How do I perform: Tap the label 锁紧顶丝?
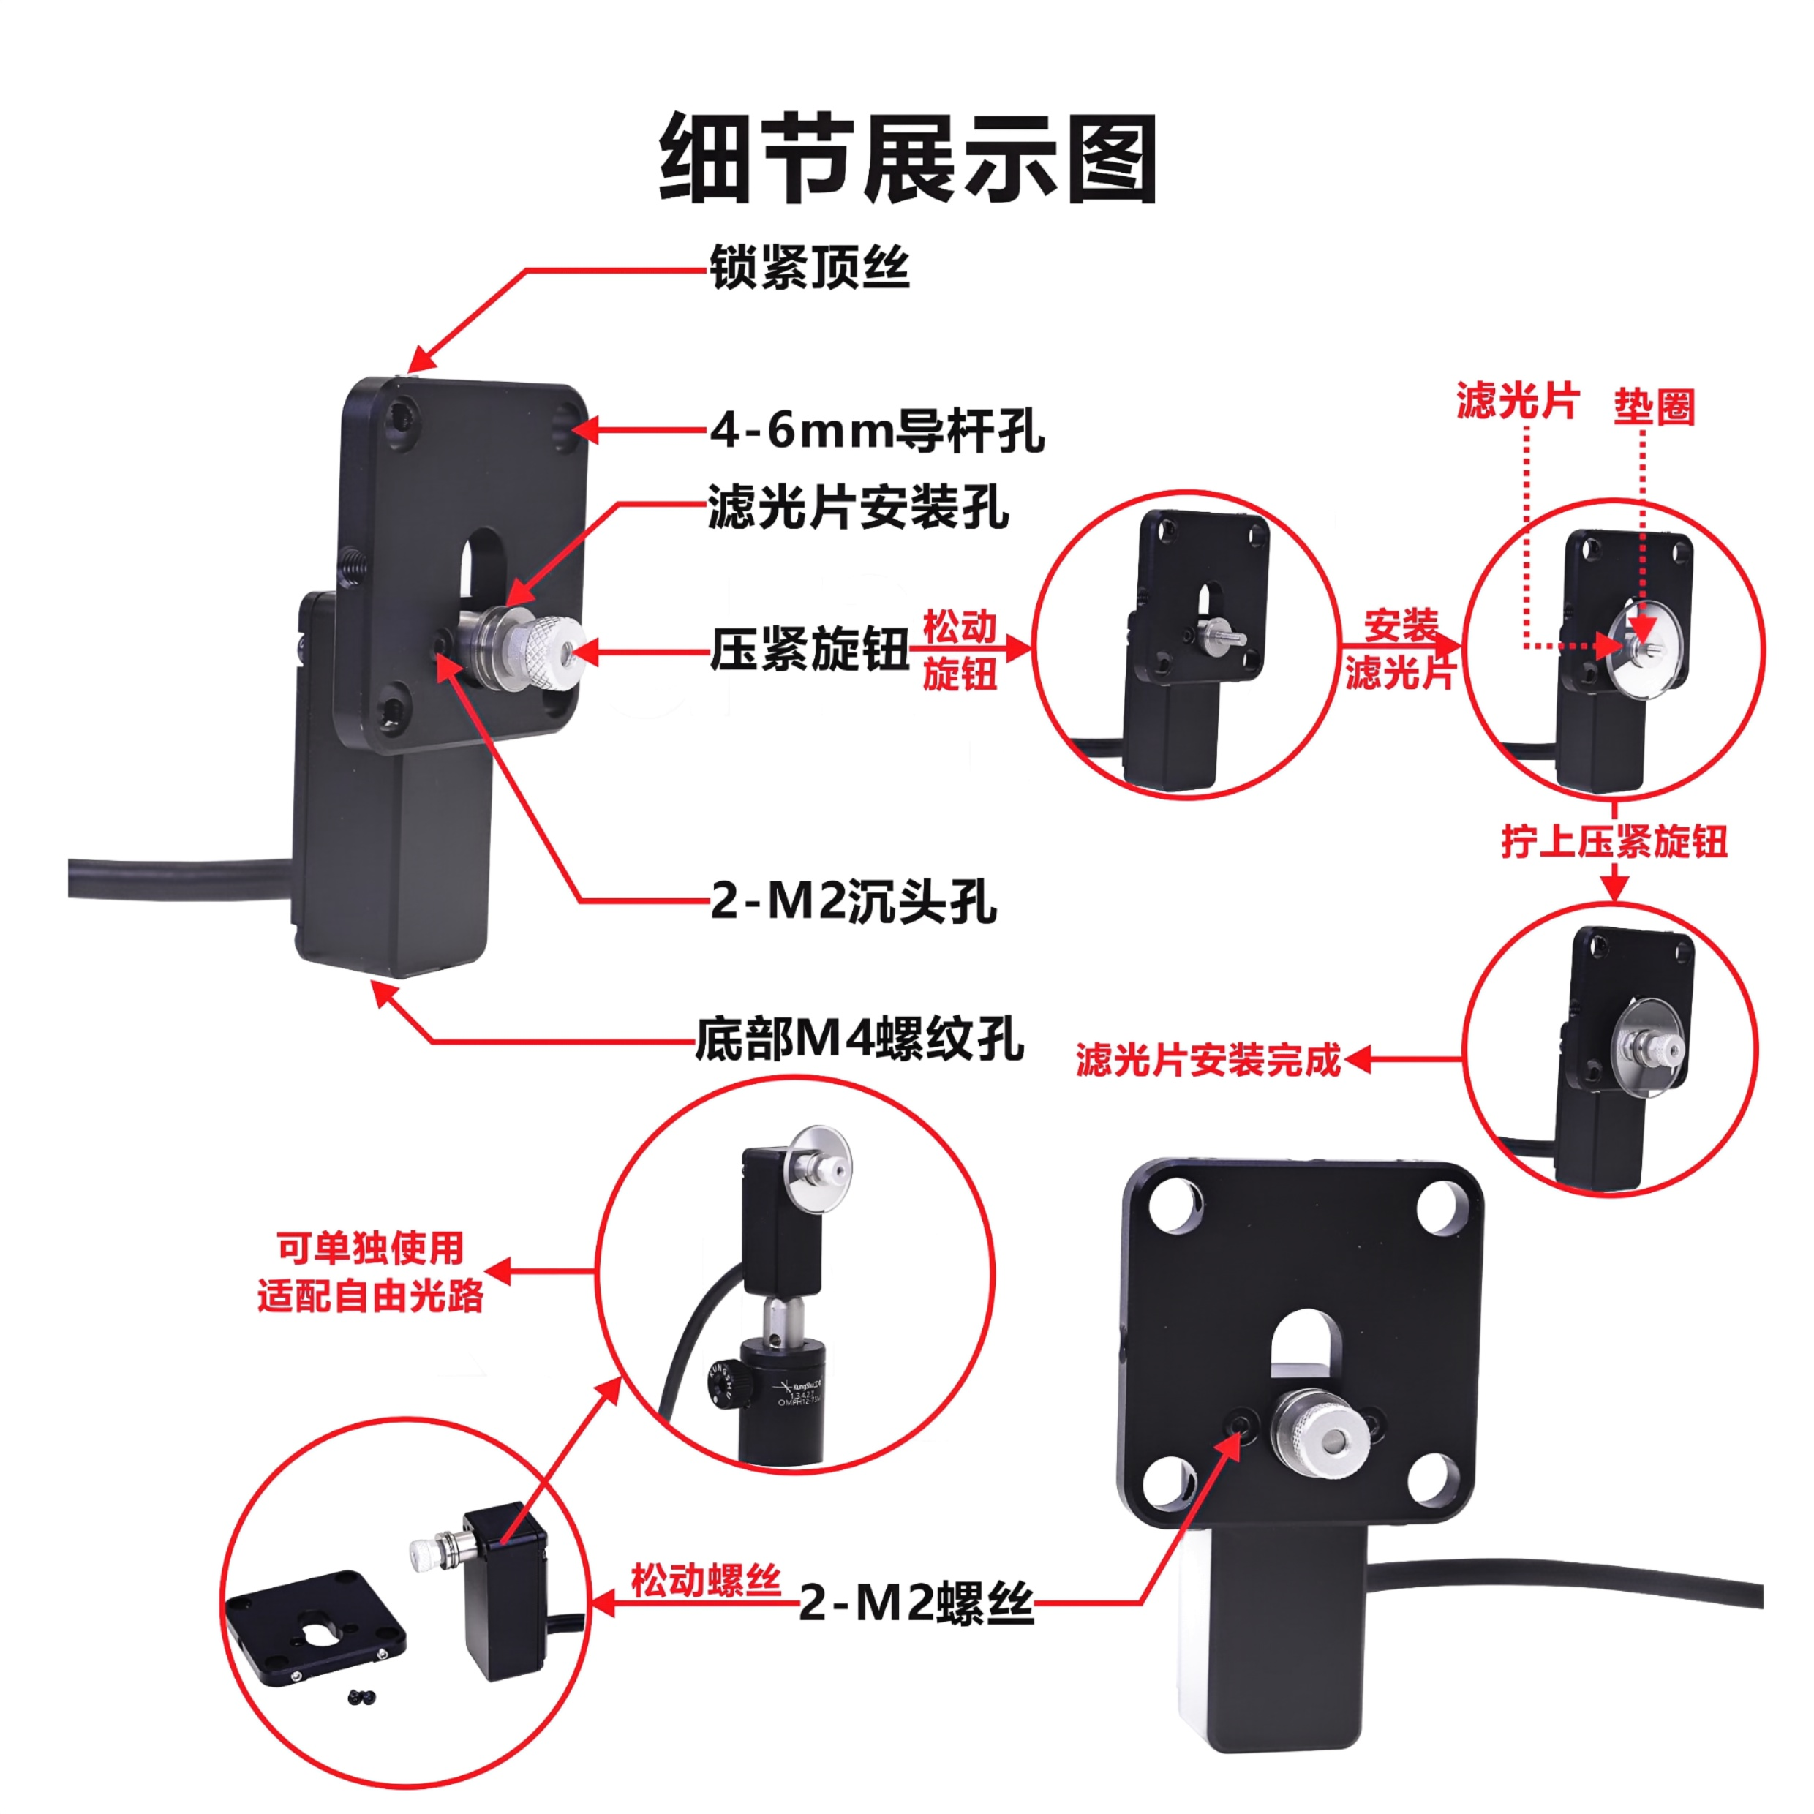pyautogui.click(x=810, y=268)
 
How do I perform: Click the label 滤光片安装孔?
pyautogui.click(x=858, y=508)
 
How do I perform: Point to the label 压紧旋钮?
pyautogui.click(x=810, y=649)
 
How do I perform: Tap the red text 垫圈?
pyautogui.click(x=1653, y=407)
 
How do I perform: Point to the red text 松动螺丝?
pyautogui.click(x=706, y=1580)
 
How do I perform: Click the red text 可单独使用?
pyautogui.click(x=371, y=1248)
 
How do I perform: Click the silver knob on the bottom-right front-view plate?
pyautogui.click(x=1313, y=1437)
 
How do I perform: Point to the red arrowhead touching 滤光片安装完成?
pyautogui.click(x=1358, y=1060)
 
